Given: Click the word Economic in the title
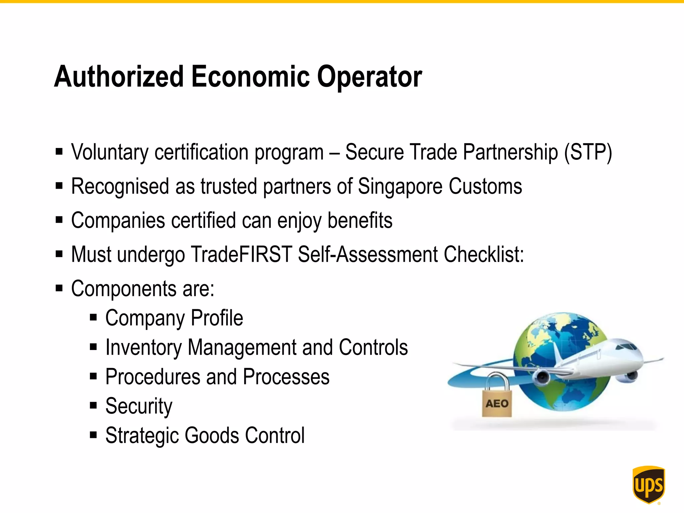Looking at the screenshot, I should click(250, 77).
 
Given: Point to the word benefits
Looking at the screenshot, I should click(360, 221).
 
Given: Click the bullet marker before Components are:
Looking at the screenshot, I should click(59, 288).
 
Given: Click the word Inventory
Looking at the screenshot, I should click(143, 348).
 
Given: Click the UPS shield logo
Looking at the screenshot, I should click(648, 484).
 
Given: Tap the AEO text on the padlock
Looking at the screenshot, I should click(497, 404).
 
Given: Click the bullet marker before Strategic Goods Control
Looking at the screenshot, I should click(94, 435).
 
